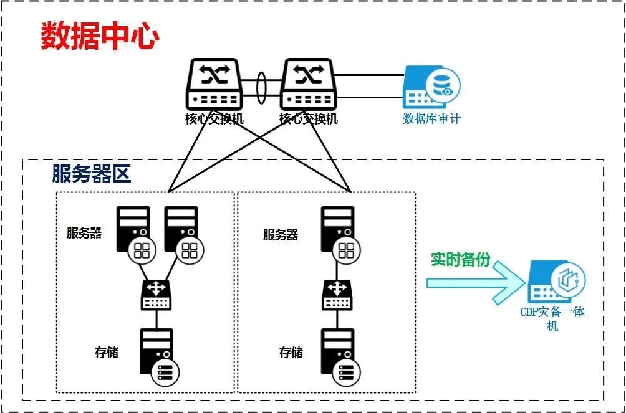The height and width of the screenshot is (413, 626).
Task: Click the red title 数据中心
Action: point(100,36)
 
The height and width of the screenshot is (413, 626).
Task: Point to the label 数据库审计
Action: point(431,118)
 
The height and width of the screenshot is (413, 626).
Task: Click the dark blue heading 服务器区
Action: point(92,174)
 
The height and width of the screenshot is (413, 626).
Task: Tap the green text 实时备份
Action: point(461,259)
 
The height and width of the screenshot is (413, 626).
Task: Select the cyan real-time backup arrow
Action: point(474,282)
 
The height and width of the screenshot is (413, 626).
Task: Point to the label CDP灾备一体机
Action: point(552,318)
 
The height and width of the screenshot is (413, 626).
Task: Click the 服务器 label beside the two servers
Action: point(84,233)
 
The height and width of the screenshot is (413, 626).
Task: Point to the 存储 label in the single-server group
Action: point(291,353)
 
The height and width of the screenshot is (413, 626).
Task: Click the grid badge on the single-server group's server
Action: point(346,250)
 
